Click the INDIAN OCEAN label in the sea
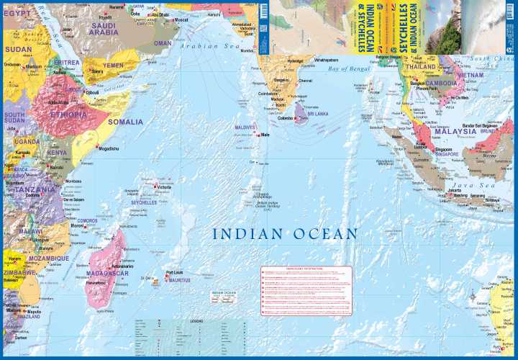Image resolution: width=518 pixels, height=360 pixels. (x=285, y=233)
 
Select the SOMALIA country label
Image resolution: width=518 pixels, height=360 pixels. (x=125, y=122)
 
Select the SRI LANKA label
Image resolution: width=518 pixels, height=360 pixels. (x=317, y=114)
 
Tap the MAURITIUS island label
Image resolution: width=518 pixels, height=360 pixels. (x=179, y=279)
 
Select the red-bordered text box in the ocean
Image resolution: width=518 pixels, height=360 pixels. (x=306, y=290)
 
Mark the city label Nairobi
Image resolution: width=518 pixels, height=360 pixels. (x=57, y=167)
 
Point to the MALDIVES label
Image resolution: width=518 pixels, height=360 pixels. (x=245, y=127)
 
